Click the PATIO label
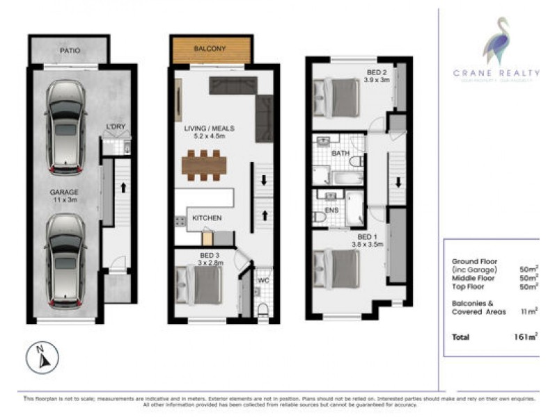[x=70, y=51]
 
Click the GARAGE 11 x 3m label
[x=63, y=196]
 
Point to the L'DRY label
[x=116, y=127]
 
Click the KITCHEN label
[x=207, y=218]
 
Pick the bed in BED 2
[x=338, y=97]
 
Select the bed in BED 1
[x=338, y=268]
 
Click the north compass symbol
[x=42, y=358]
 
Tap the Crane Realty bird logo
[x=496, y=43]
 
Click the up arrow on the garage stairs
[x=123, y=186]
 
